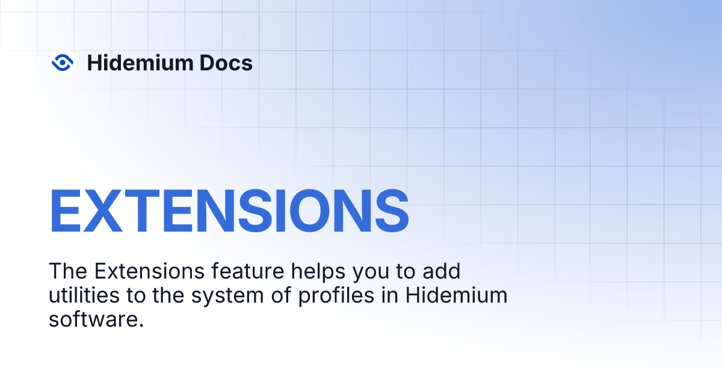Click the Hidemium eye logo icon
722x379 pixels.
tap(62, 62)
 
